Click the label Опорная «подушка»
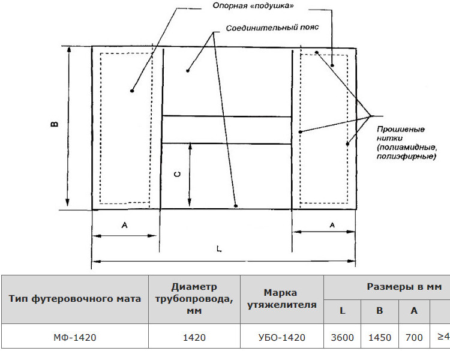click(x=253, y=6)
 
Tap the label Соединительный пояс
click(x=272, y=28)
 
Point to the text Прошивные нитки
click(x=401, y=133)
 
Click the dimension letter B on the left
click(x=55, y=124)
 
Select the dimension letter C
click(x=178, y=174)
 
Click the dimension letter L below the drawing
click(x=219, y=248)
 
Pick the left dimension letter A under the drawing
click(x=124, y=225)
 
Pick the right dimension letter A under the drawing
click(x=332, y=225)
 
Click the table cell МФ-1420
click(x=75, y=337)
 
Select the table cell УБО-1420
click(x=282, y=337)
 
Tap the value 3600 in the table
click(x=342, y=337)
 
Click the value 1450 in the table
click(x=380, y=337)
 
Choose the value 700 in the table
click(x=414, y=337)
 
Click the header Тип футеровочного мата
click(x=75, y=299)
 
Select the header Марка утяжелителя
click(x=282, y=299)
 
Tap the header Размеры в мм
click(x=404, y=287)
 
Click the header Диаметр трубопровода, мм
click(x=194, y=299)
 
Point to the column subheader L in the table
click(x=342, y=310)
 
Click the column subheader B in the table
click(x=380, y=310)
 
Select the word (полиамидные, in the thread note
click(x=407, y=148)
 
